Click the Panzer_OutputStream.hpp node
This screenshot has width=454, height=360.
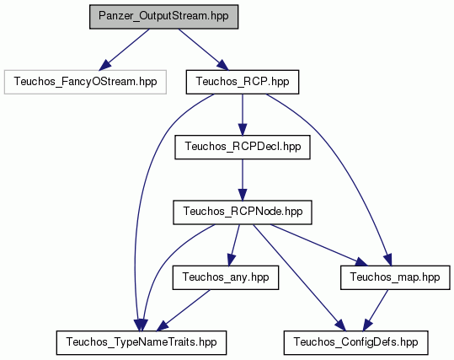(164, 17)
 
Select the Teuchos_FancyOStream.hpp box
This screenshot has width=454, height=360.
(85, 82)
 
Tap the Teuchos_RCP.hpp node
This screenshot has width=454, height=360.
(243, 82)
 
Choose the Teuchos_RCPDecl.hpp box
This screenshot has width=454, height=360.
(243, 147)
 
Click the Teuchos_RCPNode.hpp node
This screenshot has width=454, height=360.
(243, 212)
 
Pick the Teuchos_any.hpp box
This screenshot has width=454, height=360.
(226, 277)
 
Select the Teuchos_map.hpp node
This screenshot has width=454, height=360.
(395, 277)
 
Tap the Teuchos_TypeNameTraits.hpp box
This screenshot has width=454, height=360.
(142, 342)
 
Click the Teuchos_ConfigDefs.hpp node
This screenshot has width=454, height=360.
(355, 342)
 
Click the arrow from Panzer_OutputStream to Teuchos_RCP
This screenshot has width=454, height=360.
(204, 50)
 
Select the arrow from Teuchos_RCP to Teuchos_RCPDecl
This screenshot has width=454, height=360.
(243, 115)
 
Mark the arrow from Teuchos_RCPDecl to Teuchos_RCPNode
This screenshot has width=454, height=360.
(243, 180)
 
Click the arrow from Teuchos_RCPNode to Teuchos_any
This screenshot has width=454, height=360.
(234, 245)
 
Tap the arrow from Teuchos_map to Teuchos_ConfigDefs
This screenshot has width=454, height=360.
(376, 310)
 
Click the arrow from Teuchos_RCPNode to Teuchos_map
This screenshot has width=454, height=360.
(318, 245)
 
